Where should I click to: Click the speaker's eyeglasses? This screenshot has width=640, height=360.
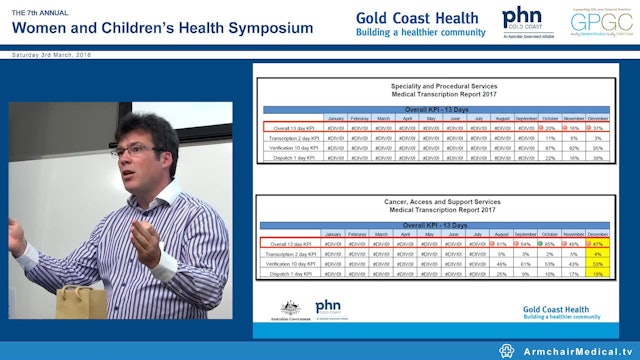tap(133, 151)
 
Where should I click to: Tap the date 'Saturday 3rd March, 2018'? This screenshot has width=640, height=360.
tap(52, 55)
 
